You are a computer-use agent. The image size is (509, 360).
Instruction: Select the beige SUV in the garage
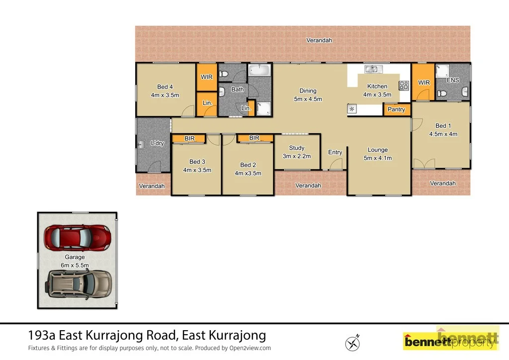click(80, 283)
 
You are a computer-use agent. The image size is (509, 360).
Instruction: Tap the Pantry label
click(396, 109)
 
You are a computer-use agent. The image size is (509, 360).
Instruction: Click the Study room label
click(297, 148)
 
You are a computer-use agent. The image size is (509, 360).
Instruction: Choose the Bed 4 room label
click(165, 87)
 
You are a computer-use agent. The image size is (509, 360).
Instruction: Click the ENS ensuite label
click(452, 80)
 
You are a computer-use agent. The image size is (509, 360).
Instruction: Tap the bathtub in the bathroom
click(259, 70)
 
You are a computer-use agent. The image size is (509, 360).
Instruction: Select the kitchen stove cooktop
click(403, 85)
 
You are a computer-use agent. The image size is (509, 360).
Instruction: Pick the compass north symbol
click(352, 343)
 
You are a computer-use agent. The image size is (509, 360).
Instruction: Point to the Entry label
click(335, 152)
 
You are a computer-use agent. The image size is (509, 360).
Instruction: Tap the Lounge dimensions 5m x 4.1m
click(378, 158)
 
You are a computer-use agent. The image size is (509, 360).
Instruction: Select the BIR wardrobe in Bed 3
click(189, 138)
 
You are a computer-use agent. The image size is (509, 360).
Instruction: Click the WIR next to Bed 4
click(206, 78)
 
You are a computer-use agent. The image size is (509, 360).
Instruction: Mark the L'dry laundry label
click(157, 143)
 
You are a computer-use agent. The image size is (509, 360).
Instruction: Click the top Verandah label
click(319, 40)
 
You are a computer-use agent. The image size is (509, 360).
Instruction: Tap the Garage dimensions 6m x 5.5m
click(75, 265)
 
